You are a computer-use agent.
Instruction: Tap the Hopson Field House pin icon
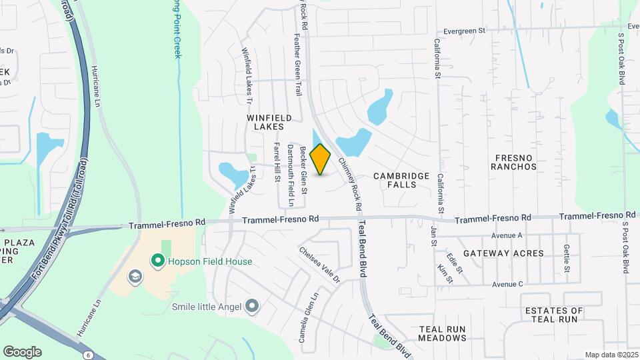(x=158, y=261)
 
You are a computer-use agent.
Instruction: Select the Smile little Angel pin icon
(x=251, y=307)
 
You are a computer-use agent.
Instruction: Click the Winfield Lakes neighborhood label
(x=265, y=121)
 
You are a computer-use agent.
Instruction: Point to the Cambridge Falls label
(x=401, y=180)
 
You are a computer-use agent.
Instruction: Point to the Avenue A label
(x=507, y=235)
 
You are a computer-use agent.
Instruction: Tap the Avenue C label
(x=507, y=284)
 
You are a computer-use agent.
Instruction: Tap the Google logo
(x=22, y=352)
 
